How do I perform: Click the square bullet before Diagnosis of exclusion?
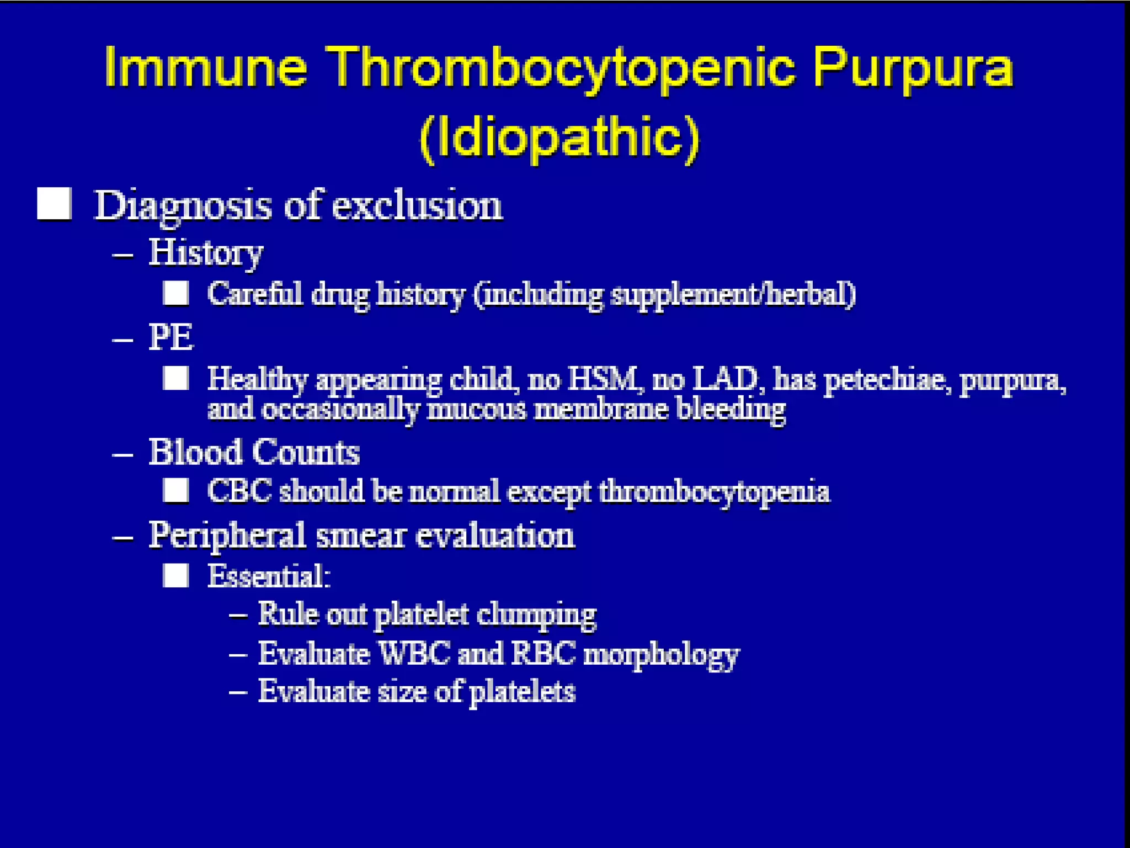(x=54, y=204)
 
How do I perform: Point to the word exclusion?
(x=417, y=205)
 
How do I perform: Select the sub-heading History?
(x=206, y=253)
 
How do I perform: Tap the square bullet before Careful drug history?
(x=176, y=293)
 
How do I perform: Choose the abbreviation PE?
(x=171, y=337)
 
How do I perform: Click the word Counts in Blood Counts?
(x=306, y=452)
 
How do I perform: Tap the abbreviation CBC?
(x=239, y=491)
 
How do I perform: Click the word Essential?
(x=269, y=576)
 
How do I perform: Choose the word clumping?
(x=536, y=614)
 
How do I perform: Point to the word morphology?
(x=661, y=655)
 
